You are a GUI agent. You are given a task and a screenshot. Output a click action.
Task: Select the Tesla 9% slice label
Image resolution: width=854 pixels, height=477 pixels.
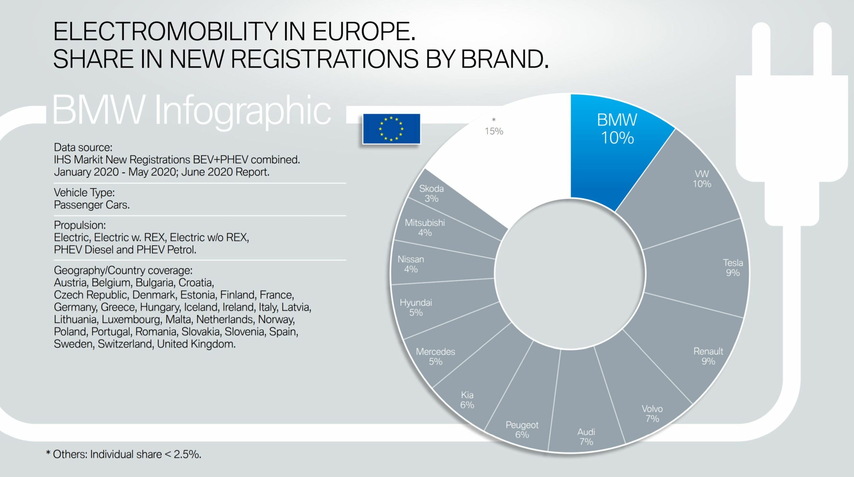coord(733,268)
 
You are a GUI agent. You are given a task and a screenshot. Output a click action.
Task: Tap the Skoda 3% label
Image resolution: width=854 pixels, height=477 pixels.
coord(431,193)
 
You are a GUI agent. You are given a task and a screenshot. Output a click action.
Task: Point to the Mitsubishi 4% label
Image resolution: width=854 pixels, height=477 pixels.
coord(425,227)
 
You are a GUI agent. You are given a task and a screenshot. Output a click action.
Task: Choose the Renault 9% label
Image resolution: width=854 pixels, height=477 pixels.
coord(708,356)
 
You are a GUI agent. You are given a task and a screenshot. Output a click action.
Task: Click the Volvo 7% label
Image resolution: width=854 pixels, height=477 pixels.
coord(652,414)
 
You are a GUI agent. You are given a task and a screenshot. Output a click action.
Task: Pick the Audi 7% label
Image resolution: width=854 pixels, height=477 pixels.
coord(586,437)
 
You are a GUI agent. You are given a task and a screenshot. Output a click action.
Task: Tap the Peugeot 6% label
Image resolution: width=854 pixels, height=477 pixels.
coord(522,430)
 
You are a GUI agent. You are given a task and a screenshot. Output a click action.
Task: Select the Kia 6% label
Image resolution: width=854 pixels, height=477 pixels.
coord(467,400)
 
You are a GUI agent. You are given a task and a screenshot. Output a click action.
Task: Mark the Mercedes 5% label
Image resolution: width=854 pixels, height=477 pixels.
coord(435,356)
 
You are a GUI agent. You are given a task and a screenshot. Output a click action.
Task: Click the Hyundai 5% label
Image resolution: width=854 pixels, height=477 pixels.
coord(416,307)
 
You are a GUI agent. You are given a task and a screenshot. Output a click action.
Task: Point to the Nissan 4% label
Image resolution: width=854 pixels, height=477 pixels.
coord(411,264)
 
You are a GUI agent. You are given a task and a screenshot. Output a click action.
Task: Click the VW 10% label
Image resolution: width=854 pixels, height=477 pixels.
coord(702,179)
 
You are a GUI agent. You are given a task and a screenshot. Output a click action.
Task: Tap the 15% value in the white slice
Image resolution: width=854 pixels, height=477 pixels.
coord(494,131)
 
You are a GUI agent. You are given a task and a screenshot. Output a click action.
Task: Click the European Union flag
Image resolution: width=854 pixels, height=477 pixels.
coord(391,129)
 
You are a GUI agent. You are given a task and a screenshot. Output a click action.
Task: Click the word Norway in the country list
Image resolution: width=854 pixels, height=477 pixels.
coord(276,319)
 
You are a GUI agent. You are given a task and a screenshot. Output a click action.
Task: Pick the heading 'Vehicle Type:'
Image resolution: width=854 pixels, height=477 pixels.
coord(84,192)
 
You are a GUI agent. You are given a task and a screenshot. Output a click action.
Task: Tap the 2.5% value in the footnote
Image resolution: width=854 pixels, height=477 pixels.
coord(187,454)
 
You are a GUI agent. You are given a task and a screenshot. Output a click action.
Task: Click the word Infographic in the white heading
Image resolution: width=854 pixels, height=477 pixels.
coord(243,110)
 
